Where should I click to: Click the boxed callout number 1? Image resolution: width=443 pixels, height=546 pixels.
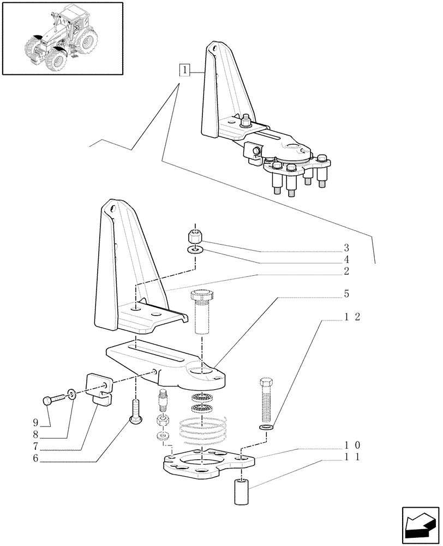186,70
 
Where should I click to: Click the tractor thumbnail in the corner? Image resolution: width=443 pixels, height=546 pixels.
62,38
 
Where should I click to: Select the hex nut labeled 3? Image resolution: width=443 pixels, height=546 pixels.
195,237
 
